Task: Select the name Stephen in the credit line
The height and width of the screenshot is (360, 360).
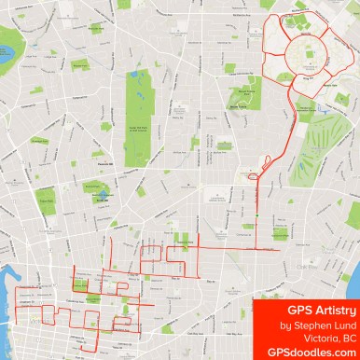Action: (x=310, y=325)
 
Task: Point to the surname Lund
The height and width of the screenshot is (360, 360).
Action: (x=341, y=325)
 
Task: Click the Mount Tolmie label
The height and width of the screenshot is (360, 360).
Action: (x=244, y=105)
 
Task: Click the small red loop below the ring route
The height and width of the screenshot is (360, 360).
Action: (x=255, y=174)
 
